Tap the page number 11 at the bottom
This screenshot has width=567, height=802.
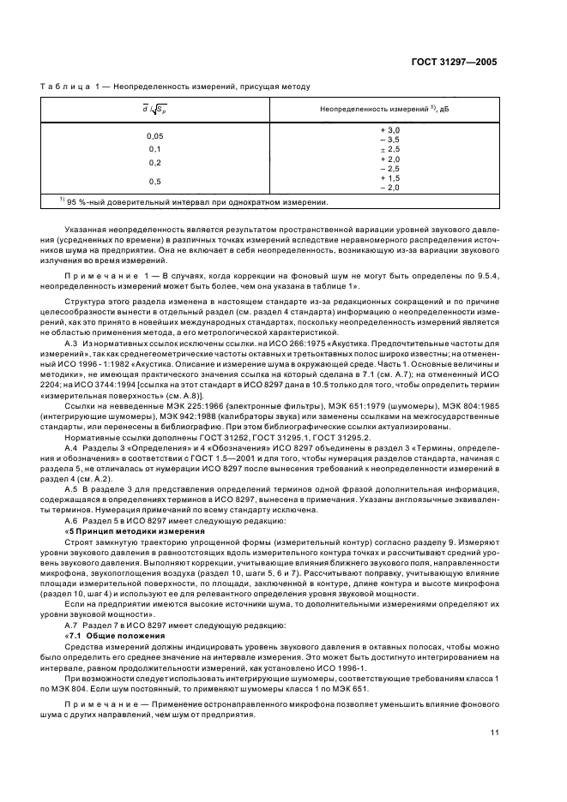494,733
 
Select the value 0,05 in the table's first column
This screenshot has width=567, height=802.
155,135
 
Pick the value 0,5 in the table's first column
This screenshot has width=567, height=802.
155,181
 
